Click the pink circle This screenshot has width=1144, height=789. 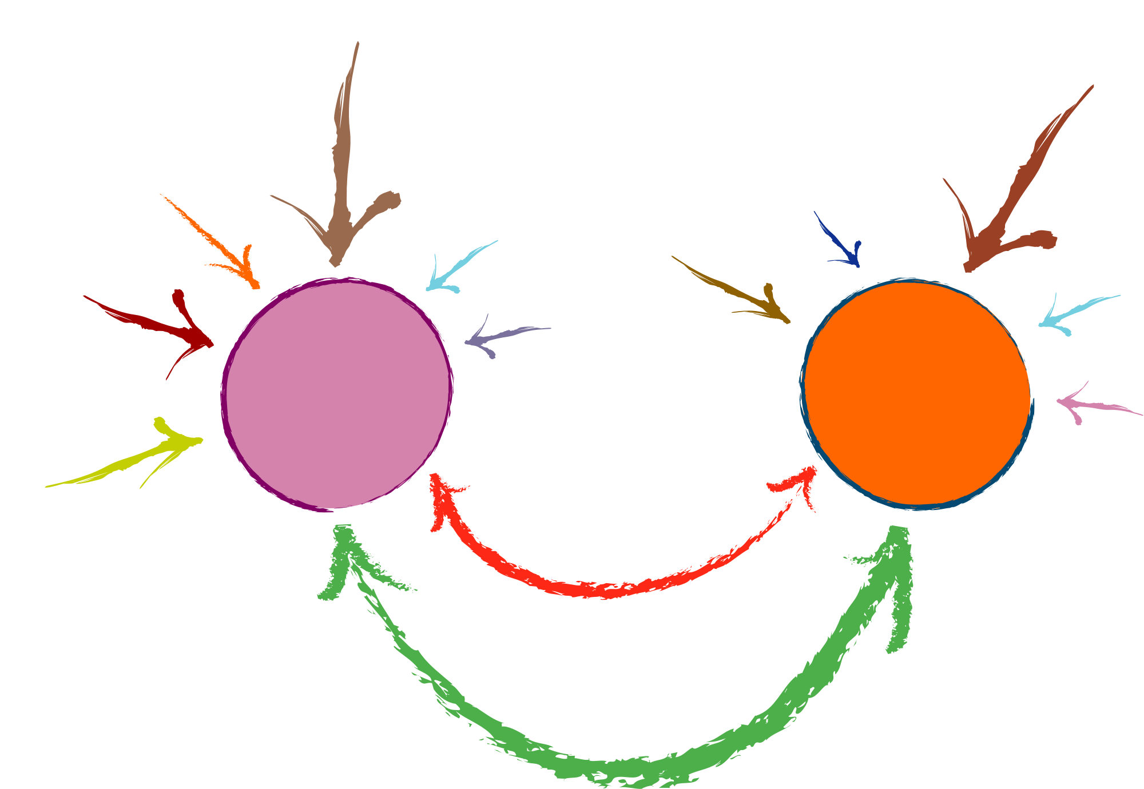click(337, 394)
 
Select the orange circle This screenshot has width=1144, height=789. click(916, 394)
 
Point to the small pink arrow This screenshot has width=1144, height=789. click(1093, 405)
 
